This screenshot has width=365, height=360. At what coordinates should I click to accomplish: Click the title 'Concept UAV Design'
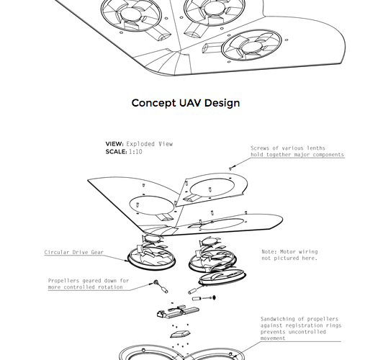click(x=186, y=103)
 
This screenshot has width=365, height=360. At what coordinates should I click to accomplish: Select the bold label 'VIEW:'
click(x=114, y=144)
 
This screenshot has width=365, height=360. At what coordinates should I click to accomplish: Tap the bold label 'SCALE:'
click(x=116, y=152)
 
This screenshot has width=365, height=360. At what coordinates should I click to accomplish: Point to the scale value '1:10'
click(x=135, y=152)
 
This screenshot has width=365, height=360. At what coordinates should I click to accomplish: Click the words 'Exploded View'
click(x=150, y=144)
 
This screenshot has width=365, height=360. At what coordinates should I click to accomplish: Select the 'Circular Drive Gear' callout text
click(x=74, y=252)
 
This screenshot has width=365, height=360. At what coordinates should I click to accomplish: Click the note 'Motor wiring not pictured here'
click(x=289, y=255)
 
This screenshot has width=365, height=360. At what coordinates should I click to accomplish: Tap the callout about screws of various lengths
click(x=297, y=151)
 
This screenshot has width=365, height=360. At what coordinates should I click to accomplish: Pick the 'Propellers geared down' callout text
click(x=89, y=284)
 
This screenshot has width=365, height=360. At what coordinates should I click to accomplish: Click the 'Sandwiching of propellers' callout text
click(x=301, y=328)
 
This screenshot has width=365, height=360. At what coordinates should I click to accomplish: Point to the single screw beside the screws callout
click(x=230, y=168)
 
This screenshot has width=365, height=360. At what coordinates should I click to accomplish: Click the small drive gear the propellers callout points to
click(x=156, y=282)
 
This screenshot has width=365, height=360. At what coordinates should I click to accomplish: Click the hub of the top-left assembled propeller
click(x=131, y=14)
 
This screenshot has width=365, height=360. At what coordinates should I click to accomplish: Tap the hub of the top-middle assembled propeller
click(x=215, y=9)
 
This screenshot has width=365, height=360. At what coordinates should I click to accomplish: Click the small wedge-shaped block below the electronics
click(x=180, y=334)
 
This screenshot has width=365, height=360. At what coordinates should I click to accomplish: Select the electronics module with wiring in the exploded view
click(x=178, y=311)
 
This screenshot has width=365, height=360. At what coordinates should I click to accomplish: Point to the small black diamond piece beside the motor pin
click(x=214, y=297)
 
